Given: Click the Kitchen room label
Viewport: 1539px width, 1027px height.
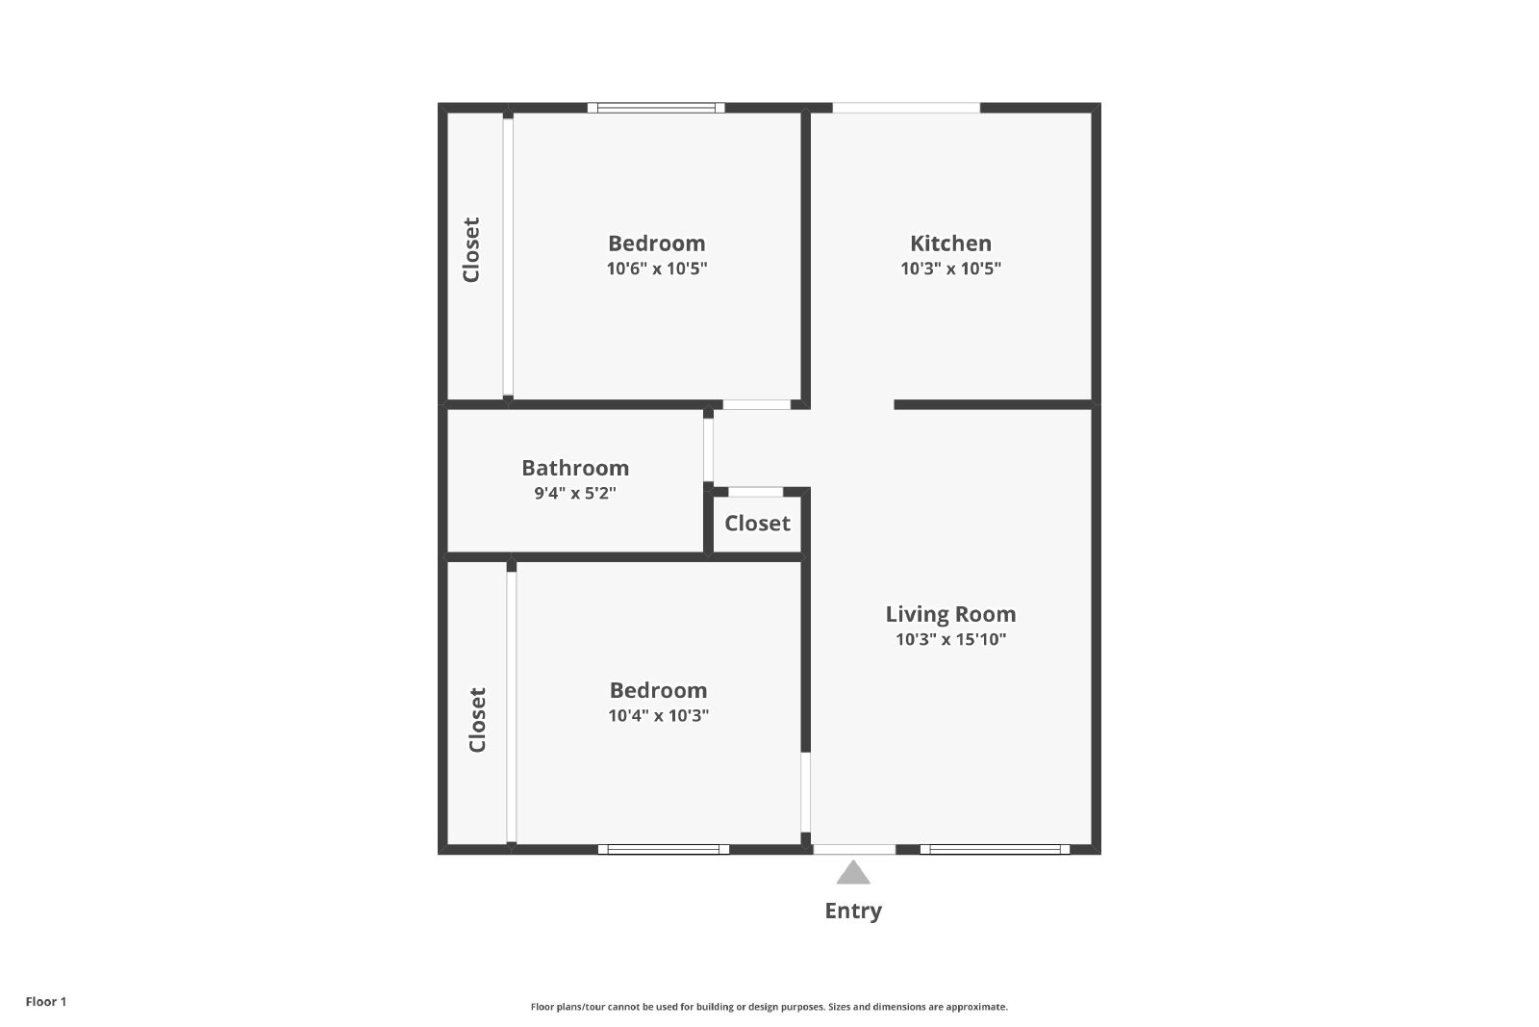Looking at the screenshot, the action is pos(950,244).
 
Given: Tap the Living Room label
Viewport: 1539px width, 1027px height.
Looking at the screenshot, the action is pos(950,614).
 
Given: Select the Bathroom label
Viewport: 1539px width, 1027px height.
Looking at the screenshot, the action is pos(575,468).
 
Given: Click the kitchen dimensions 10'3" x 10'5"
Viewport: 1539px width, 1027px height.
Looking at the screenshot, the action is pos(951,269).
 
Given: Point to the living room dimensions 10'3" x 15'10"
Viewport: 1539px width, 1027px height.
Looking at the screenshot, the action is pos(951,639).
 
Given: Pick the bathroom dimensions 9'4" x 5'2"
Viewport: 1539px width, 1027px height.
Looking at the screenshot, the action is pos(575,493).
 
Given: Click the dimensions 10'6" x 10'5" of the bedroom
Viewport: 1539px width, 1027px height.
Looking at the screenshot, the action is pos(657,269).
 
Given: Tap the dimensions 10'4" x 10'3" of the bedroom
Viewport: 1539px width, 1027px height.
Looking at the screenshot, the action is pos(658,715).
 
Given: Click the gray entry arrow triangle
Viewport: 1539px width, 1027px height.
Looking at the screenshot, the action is pos(853,872).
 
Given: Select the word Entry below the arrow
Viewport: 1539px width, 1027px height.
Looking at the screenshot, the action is pos(853,911).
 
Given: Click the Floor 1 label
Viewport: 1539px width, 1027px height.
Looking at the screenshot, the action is pos(46,1002).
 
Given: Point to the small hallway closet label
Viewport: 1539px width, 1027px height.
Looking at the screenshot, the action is pos(757,524).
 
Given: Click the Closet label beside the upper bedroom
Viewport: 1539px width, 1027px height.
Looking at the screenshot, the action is pos(471,249).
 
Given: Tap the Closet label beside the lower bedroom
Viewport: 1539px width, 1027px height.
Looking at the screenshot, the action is pos(477,720).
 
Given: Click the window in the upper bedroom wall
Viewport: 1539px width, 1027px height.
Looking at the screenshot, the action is pos(656,108).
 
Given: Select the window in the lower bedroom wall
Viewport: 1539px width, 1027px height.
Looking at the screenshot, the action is pos(663,850).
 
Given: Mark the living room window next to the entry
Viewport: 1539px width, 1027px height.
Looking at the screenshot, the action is pos(995,850).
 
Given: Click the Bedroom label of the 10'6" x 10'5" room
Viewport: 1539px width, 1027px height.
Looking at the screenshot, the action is pos(657,244).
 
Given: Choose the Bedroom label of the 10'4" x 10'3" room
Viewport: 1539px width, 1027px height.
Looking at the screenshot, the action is pos(658,690).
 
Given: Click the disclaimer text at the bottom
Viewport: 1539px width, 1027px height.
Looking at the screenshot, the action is pos(769,1007).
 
